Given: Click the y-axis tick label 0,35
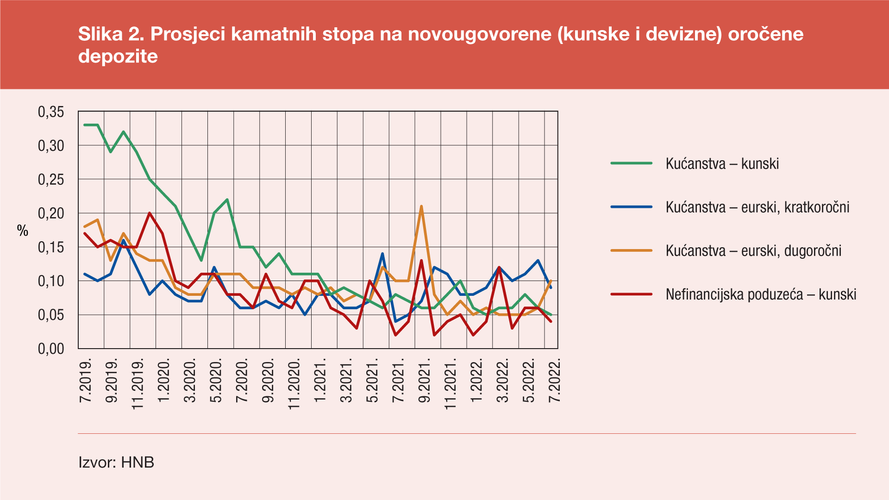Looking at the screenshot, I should [50, 112].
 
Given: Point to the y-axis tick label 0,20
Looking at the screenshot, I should [50, 213].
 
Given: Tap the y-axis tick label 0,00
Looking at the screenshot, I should [50, 349].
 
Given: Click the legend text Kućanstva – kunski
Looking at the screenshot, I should [722, 163].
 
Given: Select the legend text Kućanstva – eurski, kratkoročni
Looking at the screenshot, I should [757, 207].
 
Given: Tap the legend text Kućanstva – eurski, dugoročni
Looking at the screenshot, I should [753, 250].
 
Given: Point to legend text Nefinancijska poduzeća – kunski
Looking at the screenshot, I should [761, 294].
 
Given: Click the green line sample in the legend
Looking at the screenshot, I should [631, 163].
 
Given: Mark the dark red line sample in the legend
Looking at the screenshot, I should [631, 294].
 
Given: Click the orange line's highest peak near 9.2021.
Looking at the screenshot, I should [421, 206].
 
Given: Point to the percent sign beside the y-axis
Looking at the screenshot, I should [23, 231].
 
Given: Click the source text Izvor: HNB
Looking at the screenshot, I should [116, 462].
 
